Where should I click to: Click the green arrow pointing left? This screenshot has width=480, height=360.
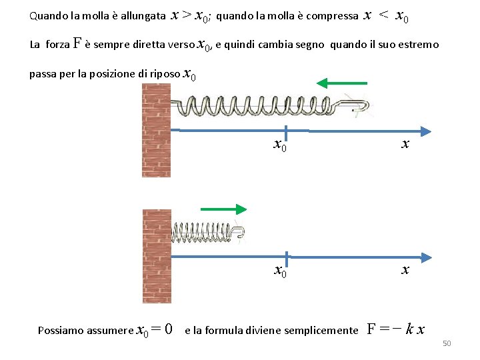coord(341,83)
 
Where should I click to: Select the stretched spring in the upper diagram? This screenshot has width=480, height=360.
coord(267,105)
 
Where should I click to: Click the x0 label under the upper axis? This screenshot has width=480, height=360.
coord(281,144)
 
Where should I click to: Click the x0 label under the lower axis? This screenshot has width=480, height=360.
coord(281,271)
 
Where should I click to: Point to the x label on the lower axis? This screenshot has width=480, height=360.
coord(405,269)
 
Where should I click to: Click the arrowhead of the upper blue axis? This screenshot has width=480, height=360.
coord(424,130)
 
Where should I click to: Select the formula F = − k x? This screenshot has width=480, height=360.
coord(397,329)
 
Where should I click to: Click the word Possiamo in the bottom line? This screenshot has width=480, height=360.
coord(61,330)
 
